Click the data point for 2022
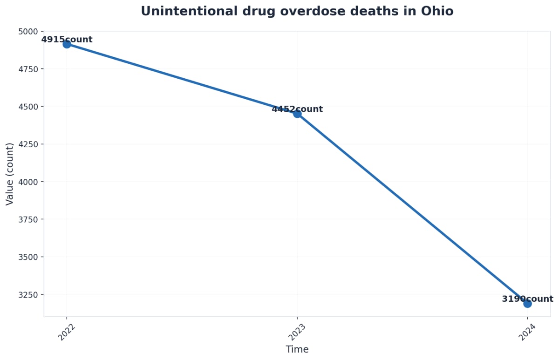(67, 44)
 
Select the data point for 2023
(297, 114)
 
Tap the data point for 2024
(527, 304)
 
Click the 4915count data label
(67, 40)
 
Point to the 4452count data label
(297, 109)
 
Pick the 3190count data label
(527, 299)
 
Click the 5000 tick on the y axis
(29, 31)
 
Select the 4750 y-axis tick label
(29, 69)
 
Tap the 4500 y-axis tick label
(29, 107)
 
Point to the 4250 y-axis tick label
(29, 144)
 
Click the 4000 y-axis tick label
(29, 182)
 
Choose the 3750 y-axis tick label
(29, 219)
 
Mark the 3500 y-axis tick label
(29, 257)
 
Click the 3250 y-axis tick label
(29, 294)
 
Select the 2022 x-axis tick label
(67, 332)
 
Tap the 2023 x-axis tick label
(297, 332)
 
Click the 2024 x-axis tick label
(527, 332)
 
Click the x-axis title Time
(297, 349)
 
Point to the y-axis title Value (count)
(10, 174)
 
